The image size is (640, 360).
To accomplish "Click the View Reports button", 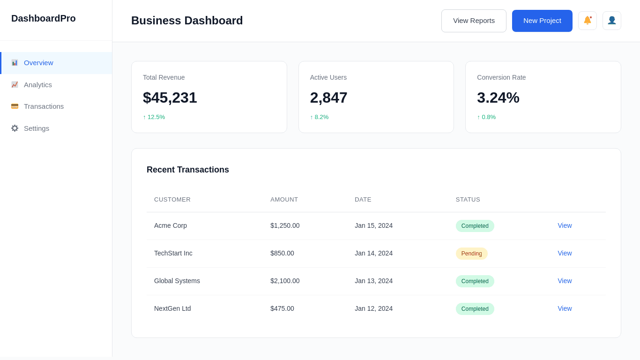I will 474,21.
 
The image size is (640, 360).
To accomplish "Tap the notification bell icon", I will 587,21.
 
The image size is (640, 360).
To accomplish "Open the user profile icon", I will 611,21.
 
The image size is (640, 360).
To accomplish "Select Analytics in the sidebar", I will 38,85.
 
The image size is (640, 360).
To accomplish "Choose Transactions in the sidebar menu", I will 44,106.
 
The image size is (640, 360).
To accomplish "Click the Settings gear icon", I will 15,128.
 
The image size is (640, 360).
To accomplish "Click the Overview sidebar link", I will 38,63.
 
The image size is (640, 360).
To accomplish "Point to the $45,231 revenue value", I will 170,97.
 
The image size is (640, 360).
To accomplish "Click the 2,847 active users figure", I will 328,97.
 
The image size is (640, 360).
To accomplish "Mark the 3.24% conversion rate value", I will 498,97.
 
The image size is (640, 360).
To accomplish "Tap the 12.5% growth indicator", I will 154,117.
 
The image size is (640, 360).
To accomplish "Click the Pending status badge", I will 471,254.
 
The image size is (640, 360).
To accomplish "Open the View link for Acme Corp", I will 565,225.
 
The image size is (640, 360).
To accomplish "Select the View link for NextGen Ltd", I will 565,308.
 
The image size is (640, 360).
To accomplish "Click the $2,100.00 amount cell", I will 285,281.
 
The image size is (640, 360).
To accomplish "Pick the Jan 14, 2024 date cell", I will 373,253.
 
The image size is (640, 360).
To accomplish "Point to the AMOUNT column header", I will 284,200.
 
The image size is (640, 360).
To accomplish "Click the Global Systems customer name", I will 177,281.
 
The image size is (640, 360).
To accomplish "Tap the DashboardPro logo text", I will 44,18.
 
